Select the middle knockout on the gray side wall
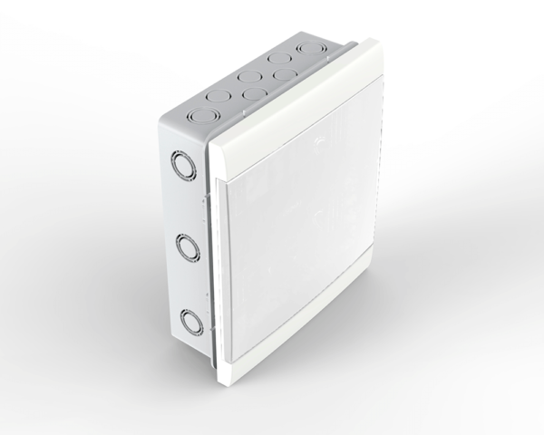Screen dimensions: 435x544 point(187,245)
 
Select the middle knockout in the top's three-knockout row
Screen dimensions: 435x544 point(250,78)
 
